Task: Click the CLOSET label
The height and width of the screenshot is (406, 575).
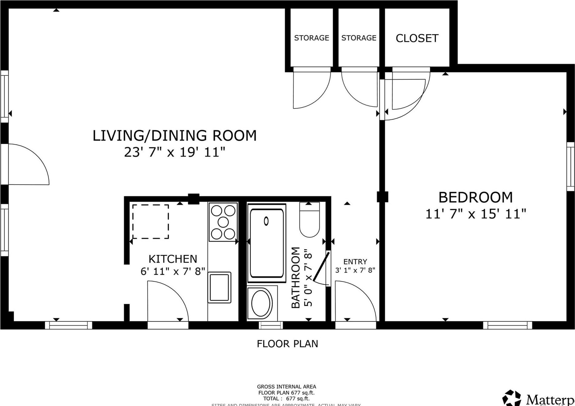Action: (417, 38)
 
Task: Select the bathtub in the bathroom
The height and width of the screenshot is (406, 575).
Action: (266, 243)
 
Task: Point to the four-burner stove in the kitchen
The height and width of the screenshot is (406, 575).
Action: (223, 222)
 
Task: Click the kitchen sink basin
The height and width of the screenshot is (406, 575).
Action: (219, 287)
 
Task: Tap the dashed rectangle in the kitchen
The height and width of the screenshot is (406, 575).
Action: (150, 222)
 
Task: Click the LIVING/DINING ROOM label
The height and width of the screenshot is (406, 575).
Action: (175, 136)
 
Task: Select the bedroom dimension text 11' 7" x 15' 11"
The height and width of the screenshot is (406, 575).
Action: (475, 214)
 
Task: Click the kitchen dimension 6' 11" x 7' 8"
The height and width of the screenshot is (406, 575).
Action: (173, 271)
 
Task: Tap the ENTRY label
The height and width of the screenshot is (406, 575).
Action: (355, 262)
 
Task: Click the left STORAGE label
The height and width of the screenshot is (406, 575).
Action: (311, 38)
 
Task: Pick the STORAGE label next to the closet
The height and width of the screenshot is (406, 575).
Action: (359, 38)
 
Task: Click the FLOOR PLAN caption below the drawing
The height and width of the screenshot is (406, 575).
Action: (287, 344)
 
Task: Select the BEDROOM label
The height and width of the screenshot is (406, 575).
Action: (475, 197)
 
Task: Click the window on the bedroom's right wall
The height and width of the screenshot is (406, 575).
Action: (570, 167)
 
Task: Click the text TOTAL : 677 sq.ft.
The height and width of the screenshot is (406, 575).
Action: (286, 399)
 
